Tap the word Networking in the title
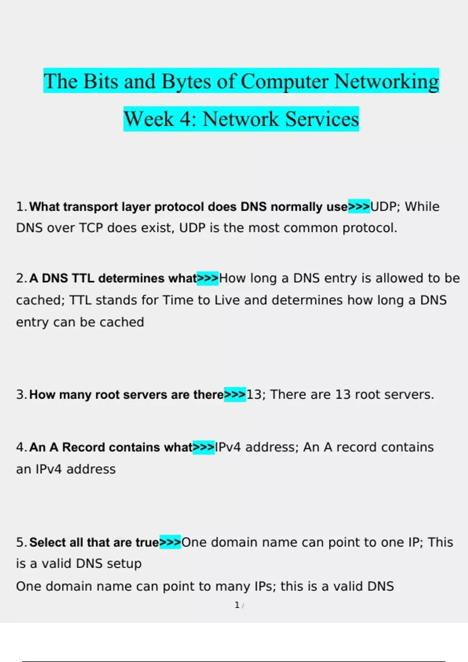click(386, 82)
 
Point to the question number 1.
click(20, 207)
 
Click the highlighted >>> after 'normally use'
click(359, 207)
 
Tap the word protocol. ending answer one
click(370, 228)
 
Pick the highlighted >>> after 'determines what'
click(207, 278)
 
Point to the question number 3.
click(20, 394)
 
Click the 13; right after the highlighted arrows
click(256, 394)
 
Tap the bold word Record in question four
click(83, 447)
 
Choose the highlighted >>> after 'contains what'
click(204, 447)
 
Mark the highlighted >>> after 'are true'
click(170, 542)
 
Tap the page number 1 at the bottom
click(237, 605)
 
